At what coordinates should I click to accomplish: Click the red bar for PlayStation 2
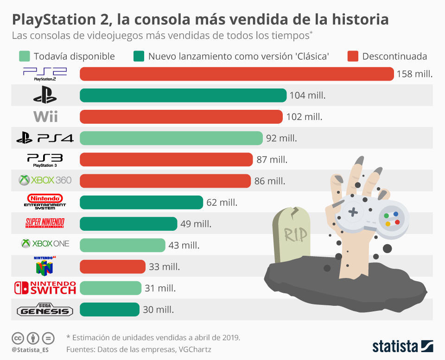tap(237, 74)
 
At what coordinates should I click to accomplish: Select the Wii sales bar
tap(181, 117)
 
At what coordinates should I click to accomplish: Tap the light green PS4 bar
tap(171, 138)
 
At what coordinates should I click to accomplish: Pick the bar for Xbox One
tap(122, 245)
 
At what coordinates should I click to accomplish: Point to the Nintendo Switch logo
tap(45, 287)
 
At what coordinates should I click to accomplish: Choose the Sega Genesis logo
tap(45, 310)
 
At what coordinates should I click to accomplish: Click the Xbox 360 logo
tap(45, 180)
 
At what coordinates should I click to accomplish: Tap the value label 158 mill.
tap(414, 74)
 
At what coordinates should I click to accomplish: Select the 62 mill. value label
tap(222, 202)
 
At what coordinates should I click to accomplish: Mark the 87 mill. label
tap(272, 160)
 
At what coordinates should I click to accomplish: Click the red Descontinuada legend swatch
tap(353, 57)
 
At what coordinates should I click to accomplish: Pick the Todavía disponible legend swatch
tap(24, 57)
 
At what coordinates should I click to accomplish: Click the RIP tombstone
tap(292, 236)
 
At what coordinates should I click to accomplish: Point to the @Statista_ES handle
tap(31, 349)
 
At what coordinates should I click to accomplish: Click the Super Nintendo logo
tap(45, 223)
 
